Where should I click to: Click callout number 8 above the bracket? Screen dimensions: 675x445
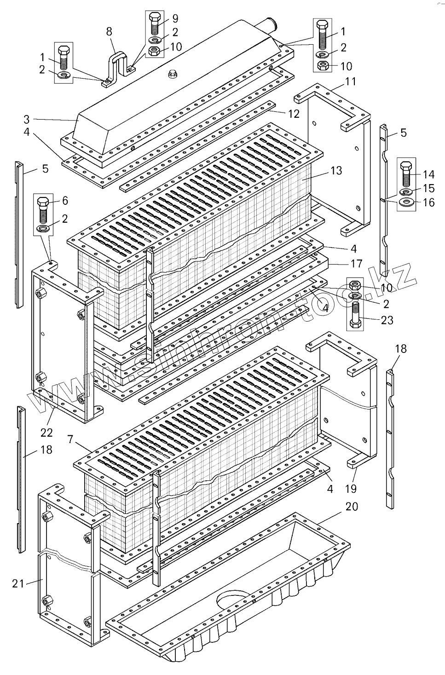coord(109,32)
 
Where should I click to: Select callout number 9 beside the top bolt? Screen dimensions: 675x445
coord(175,19)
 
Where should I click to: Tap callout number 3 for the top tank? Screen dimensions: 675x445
coord(27,120)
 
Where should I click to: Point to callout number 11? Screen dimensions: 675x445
coord(351,82)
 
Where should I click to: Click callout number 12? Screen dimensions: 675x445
coord(294,114)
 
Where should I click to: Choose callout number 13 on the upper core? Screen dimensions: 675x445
coord(336,171)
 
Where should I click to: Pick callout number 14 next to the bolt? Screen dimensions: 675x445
coord(428,174)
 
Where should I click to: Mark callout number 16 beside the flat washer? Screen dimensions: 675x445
coord(428,202)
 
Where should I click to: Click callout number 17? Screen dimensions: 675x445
coord(356,264)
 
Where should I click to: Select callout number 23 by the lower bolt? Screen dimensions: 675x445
coord(387,320)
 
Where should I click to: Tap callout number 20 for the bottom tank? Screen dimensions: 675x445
coord(351,507)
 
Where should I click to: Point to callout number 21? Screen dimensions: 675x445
coord(18,584)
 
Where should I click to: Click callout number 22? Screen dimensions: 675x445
coord(46,432)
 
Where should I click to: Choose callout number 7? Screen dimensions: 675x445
coord(70,439)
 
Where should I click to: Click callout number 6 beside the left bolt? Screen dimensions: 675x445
coord(65,201)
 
